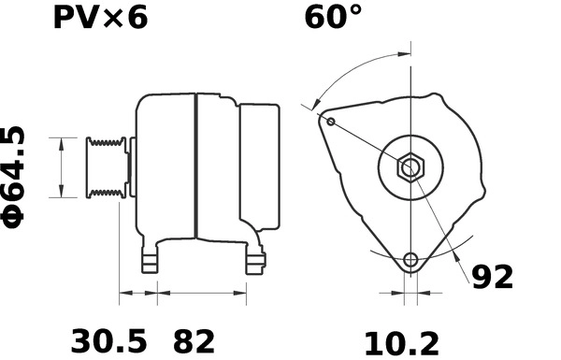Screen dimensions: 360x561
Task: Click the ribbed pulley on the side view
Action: (x=105, y=168)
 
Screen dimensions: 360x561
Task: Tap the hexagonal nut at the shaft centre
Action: (x=410, y=168)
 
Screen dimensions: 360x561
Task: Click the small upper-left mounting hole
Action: (x=330, y=120)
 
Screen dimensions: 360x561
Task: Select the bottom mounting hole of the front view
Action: (x=410, y=260)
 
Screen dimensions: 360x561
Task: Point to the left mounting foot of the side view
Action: (x=151, y=259)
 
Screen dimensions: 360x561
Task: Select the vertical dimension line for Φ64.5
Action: (x=62, y=168)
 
